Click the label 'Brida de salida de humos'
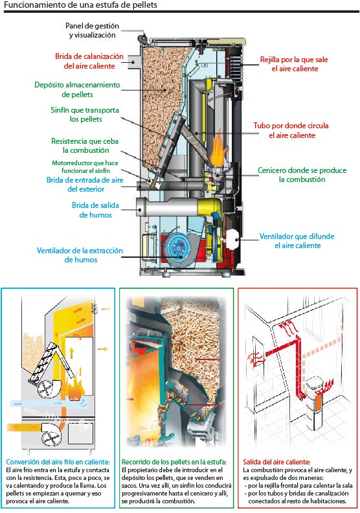[x=95, y=210]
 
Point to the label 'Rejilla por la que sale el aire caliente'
[x=294, y=63]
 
